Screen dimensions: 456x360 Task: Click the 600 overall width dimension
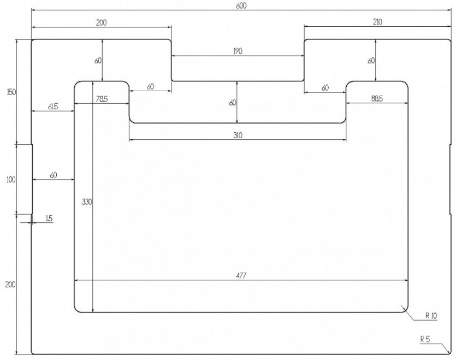click(x=241, y=6)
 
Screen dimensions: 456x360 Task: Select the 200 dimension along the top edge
click(x=101, y=22)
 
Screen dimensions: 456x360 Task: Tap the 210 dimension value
click(x=377, y=21)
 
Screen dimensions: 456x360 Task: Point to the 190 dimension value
click(x=238, y=51)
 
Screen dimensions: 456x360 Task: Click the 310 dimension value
click(x=238, y=135)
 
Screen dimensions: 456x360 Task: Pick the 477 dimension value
click(x=241, y=275)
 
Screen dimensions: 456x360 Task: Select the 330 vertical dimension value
click(x=87, y=202)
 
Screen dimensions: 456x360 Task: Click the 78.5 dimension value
click(x=102, y=99)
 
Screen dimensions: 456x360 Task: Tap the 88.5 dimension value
click(x=377, y=99)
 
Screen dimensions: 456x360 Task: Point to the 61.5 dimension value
click(x=53, y=107)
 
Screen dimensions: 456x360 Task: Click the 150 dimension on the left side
click(x=11, y=92)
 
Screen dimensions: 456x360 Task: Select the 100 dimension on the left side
click(x=11, y=180)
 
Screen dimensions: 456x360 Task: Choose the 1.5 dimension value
click(x=49, y=218)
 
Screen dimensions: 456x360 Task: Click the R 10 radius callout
click(x=431, y=315)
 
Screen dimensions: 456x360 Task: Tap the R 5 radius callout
click(x=425, y=339)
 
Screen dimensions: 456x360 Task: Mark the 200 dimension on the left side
click(x=10, y=284)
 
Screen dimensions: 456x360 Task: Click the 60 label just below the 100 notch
click(x=54, y=175)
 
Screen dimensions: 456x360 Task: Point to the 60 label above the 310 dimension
click(x=233, y=103)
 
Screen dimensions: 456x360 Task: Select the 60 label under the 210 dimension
click(x=371, y=61)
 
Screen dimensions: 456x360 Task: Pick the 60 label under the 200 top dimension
click(x=98, y=61)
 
